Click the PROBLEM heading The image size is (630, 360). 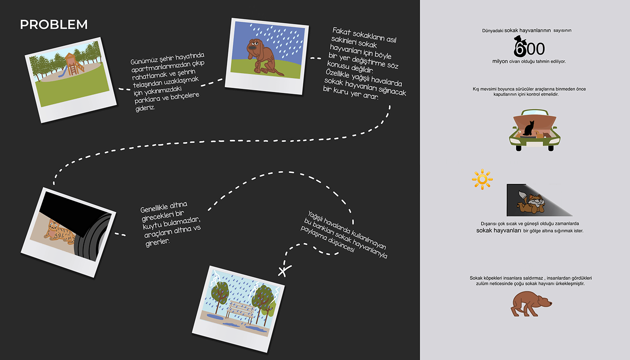coord(54,24)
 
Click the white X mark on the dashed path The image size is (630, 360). coord(283,271)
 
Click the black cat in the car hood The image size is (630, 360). coord(530,128)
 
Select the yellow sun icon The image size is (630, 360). coord(482,180)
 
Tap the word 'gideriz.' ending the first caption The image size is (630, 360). coord(145,108)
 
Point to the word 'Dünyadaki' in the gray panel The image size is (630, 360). coord(492,31)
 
